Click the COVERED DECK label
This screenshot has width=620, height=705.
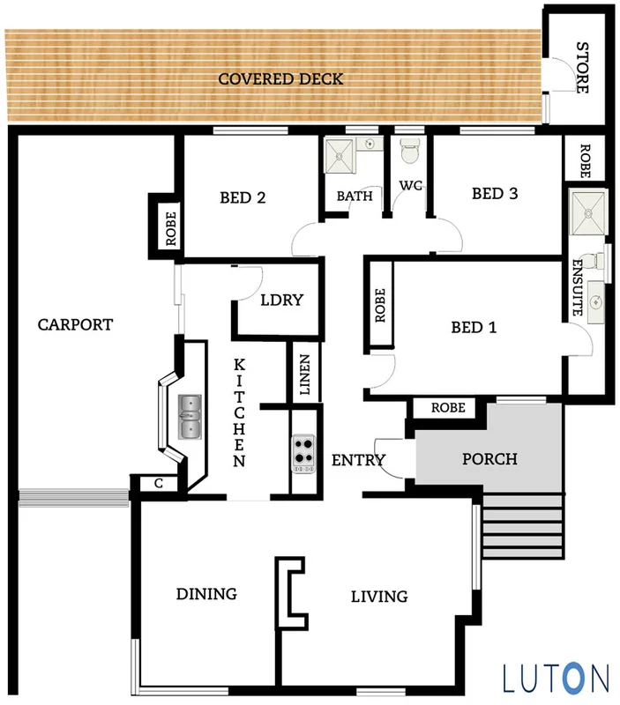point(280,79)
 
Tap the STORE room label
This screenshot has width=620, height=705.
point(582,67)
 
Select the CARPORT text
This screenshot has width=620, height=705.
point(75,324)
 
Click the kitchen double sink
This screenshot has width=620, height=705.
point(190,417)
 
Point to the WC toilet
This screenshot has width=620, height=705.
point(408,152)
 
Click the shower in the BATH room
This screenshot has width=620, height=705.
point(340,157)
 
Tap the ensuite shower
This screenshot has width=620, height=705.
point(586,211)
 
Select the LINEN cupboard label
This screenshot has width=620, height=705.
point(304,375)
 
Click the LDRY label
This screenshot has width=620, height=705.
point(281,300)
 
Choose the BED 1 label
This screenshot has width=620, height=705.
point(474,328)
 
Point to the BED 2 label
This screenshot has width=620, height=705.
point(243,197)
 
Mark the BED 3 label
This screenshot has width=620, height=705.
point(494,194)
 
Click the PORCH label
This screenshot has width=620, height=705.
point(489,459)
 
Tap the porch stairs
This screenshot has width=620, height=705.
point(523,525)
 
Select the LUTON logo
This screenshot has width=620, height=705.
point(556,678)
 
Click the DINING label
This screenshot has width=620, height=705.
point(205,594)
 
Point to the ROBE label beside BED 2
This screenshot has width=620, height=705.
point(170,227)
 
